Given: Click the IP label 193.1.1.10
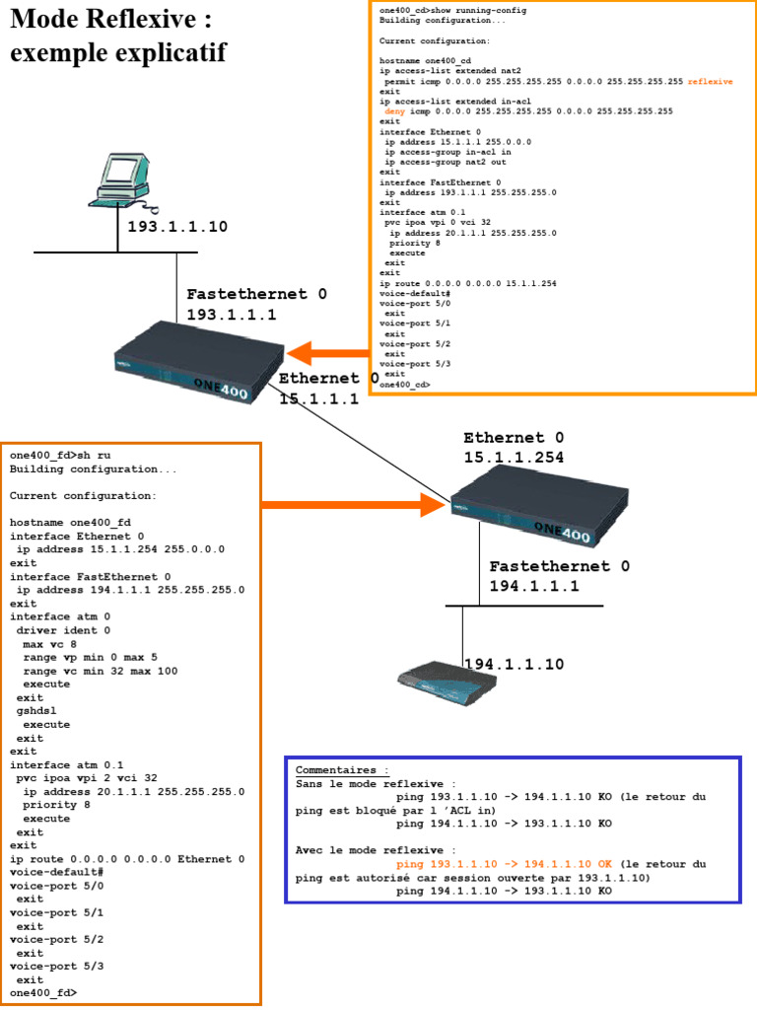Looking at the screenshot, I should (x=177, y=227).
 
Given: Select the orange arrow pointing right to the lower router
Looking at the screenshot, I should (x=355, y=505).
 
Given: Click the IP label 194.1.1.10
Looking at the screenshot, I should (x=514, y=664).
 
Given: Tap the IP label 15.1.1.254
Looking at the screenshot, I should (x=514, y=457).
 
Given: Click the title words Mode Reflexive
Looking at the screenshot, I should (x=110, y=20).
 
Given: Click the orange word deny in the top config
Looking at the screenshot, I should (x=394, y=111).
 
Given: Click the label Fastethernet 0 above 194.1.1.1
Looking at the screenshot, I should (x=559, y=566).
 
